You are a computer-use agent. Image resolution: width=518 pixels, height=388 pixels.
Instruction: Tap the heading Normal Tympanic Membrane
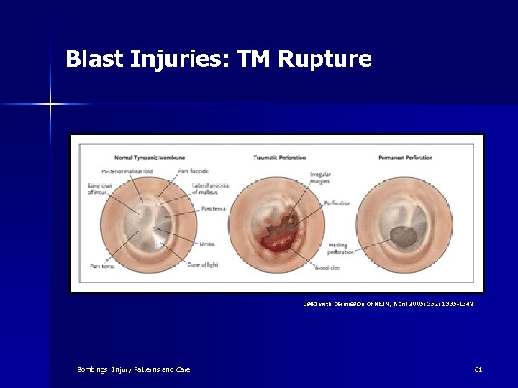[150, 157]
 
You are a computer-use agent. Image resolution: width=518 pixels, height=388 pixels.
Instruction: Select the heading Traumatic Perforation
[279, 157]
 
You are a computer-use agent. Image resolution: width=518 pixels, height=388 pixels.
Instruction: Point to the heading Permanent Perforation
[405, 157]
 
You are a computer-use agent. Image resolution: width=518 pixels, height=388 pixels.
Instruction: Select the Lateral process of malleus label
[210, 188]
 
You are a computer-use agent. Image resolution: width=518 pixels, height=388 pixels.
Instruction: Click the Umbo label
[208, 244]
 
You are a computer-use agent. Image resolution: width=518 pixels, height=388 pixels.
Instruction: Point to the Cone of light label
[204, 264]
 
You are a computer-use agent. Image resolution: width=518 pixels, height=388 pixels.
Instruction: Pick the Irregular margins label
[321, 177]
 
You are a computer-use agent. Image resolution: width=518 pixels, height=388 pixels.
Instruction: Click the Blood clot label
[327, 268]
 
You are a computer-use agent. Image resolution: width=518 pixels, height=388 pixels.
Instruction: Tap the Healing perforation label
[341, 249]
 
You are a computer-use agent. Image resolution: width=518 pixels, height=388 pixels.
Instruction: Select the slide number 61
[478, 369]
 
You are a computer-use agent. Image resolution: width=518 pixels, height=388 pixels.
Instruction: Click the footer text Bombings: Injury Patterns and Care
[134, 369]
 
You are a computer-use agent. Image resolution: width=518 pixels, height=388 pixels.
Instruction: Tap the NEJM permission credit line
[388, 304]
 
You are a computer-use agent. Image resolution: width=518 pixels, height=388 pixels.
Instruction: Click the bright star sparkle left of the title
[50, 105]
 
